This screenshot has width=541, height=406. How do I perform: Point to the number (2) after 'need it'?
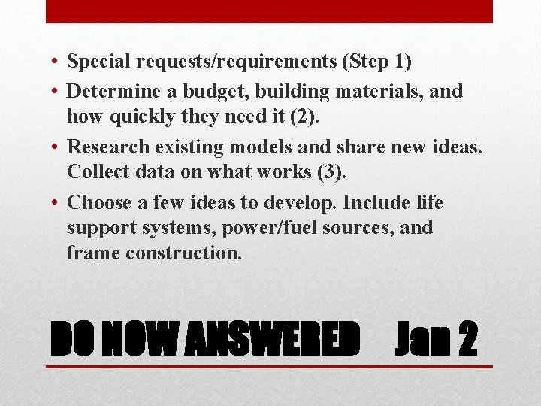pos(299,117)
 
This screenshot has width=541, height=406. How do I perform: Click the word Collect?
pos(94,172)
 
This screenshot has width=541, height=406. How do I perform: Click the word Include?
pos(369,204)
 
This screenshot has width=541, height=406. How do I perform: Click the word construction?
pos(184,253)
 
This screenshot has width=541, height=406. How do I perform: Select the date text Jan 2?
pos(436,340)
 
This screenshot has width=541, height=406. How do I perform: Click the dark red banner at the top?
pos(269,11)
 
